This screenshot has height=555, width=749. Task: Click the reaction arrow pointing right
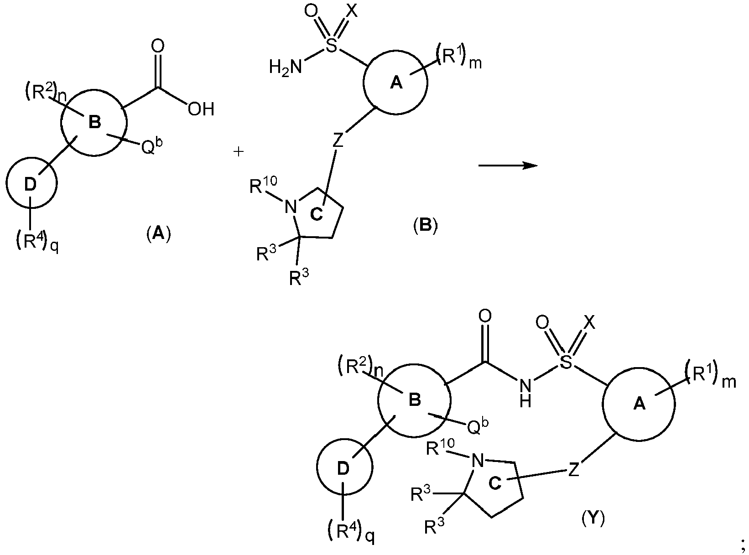[508, 166]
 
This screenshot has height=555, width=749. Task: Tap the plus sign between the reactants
[239, 151]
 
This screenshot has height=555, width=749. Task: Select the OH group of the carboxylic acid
[201, 109]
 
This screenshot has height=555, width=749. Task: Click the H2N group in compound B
[285, 67]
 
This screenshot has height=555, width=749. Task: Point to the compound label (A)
[158, 233]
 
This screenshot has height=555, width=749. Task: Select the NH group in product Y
[525, 393]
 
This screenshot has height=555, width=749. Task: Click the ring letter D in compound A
[30, 184]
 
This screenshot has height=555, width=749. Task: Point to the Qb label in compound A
[151, 146]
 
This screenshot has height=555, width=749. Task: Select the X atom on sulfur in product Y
[589, 323]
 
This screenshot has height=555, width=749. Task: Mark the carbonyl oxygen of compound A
[158, 46]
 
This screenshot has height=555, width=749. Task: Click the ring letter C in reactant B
[317, 214]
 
